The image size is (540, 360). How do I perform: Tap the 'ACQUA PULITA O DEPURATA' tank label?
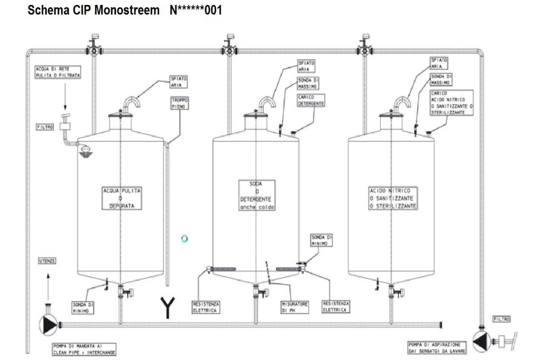pos(122,198)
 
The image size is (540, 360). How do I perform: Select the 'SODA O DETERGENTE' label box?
pos(257,195)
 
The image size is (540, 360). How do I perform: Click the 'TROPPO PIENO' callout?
pos(180,103)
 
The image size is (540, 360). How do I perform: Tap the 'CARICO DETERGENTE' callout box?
pos(311,100)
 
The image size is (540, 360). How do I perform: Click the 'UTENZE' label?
pos(47,261)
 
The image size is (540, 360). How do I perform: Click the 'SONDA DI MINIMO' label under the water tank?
pos(84,307)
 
